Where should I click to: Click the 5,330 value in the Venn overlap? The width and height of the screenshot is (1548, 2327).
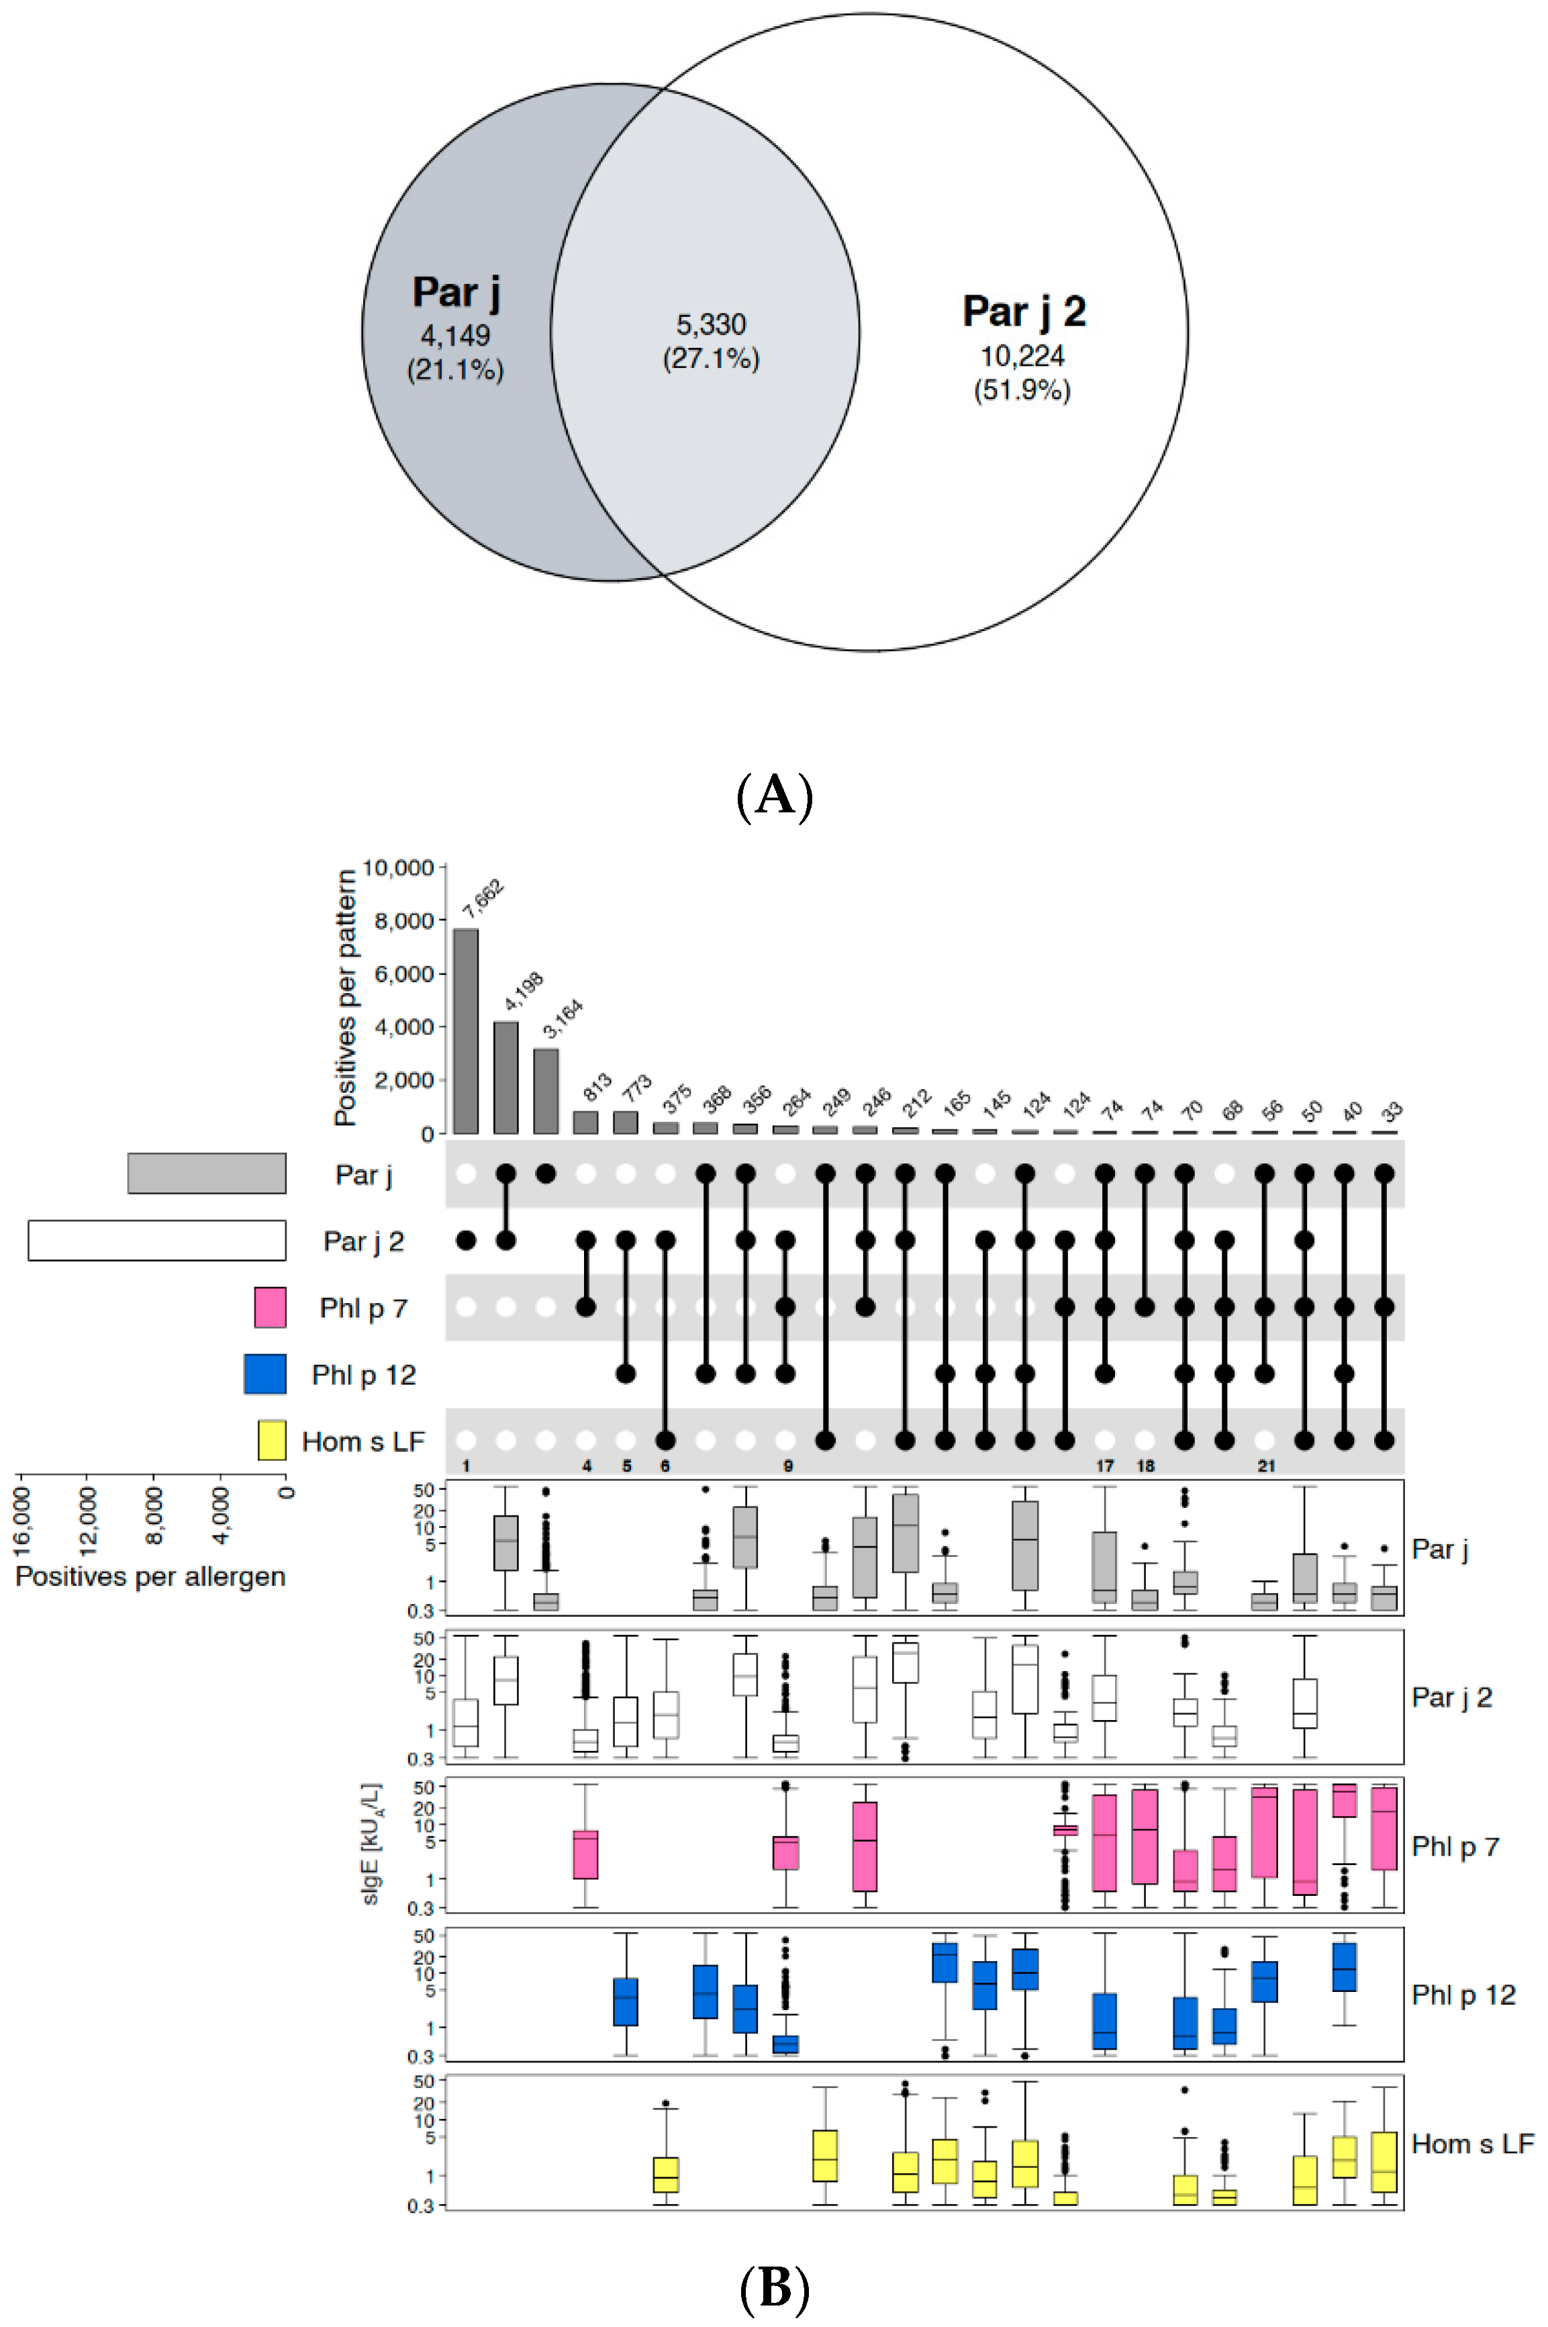coord(711,324)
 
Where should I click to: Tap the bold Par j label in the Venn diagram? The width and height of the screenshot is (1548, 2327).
coord(456,292)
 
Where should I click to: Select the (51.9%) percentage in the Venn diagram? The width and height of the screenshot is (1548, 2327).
coord(1022,390)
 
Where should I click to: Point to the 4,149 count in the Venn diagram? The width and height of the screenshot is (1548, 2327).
coord(455,336)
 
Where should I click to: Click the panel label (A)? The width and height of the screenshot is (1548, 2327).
coord(774,796)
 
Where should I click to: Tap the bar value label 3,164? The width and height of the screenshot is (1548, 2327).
coord(563,1018)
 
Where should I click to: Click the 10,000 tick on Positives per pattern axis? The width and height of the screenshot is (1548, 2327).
coord(399,868)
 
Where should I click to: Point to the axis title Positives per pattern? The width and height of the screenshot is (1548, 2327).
coord(344,997)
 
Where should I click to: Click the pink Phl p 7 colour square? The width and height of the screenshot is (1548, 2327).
coord(269,1307)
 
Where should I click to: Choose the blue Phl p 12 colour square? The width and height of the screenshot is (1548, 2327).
coord(264,1373)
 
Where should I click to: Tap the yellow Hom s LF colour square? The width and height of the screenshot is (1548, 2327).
coord(271,1440)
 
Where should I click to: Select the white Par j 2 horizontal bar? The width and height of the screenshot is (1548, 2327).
coord(157,1240)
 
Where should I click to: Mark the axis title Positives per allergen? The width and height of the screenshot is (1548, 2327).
coord(150,1576)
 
